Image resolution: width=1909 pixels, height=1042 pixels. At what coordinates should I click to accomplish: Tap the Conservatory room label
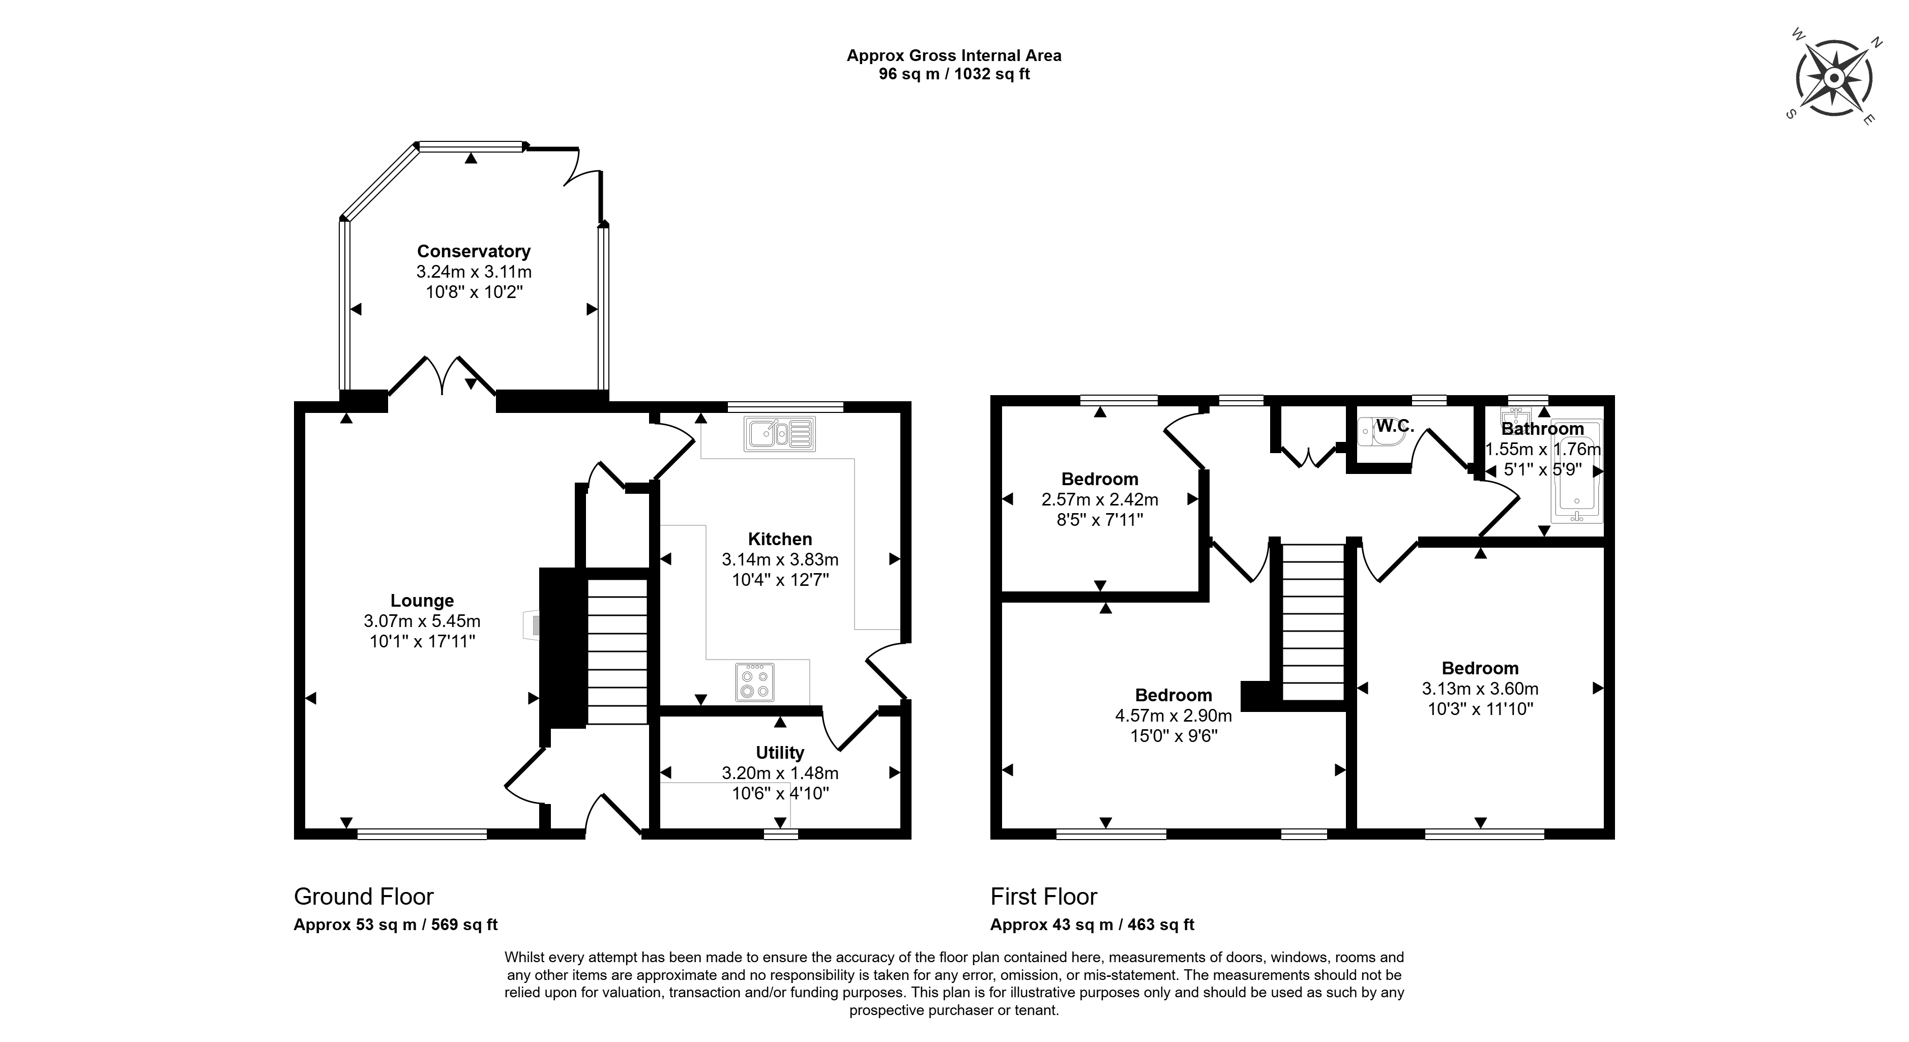(x=474, y=251)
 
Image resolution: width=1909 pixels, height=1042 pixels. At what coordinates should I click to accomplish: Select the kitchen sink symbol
(x=780, y=434)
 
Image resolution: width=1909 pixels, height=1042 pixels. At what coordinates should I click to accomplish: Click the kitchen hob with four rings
(x=755, y=682)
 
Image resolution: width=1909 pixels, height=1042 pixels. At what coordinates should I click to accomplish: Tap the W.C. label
(x=1395, y=426)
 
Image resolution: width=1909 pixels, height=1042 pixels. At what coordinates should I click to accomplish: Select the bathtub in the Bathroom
(x=1577, y=472)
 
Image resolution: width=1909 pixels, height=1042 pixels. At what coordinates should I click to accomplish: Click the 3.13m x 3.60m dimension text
(x=1480, y=689)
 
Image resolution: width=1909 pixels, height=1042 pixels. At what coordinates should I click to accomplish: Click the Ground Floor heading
(x=364, y=897)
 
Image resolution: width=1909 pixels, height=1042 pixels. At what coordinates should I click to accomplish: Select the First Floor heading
(x=1043, y=897)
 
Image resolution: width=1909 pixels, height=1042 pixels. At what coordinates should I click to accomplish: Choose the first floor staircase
(x=1313, y=622)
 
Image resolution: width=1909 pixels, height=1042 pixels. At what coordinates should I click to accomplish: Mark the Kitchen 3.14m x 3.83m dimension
(x=780, y=559)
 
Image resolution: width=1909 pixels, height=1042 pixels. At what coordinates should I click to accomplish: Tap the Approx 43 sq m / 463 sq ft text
(x=1092, y=925)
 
